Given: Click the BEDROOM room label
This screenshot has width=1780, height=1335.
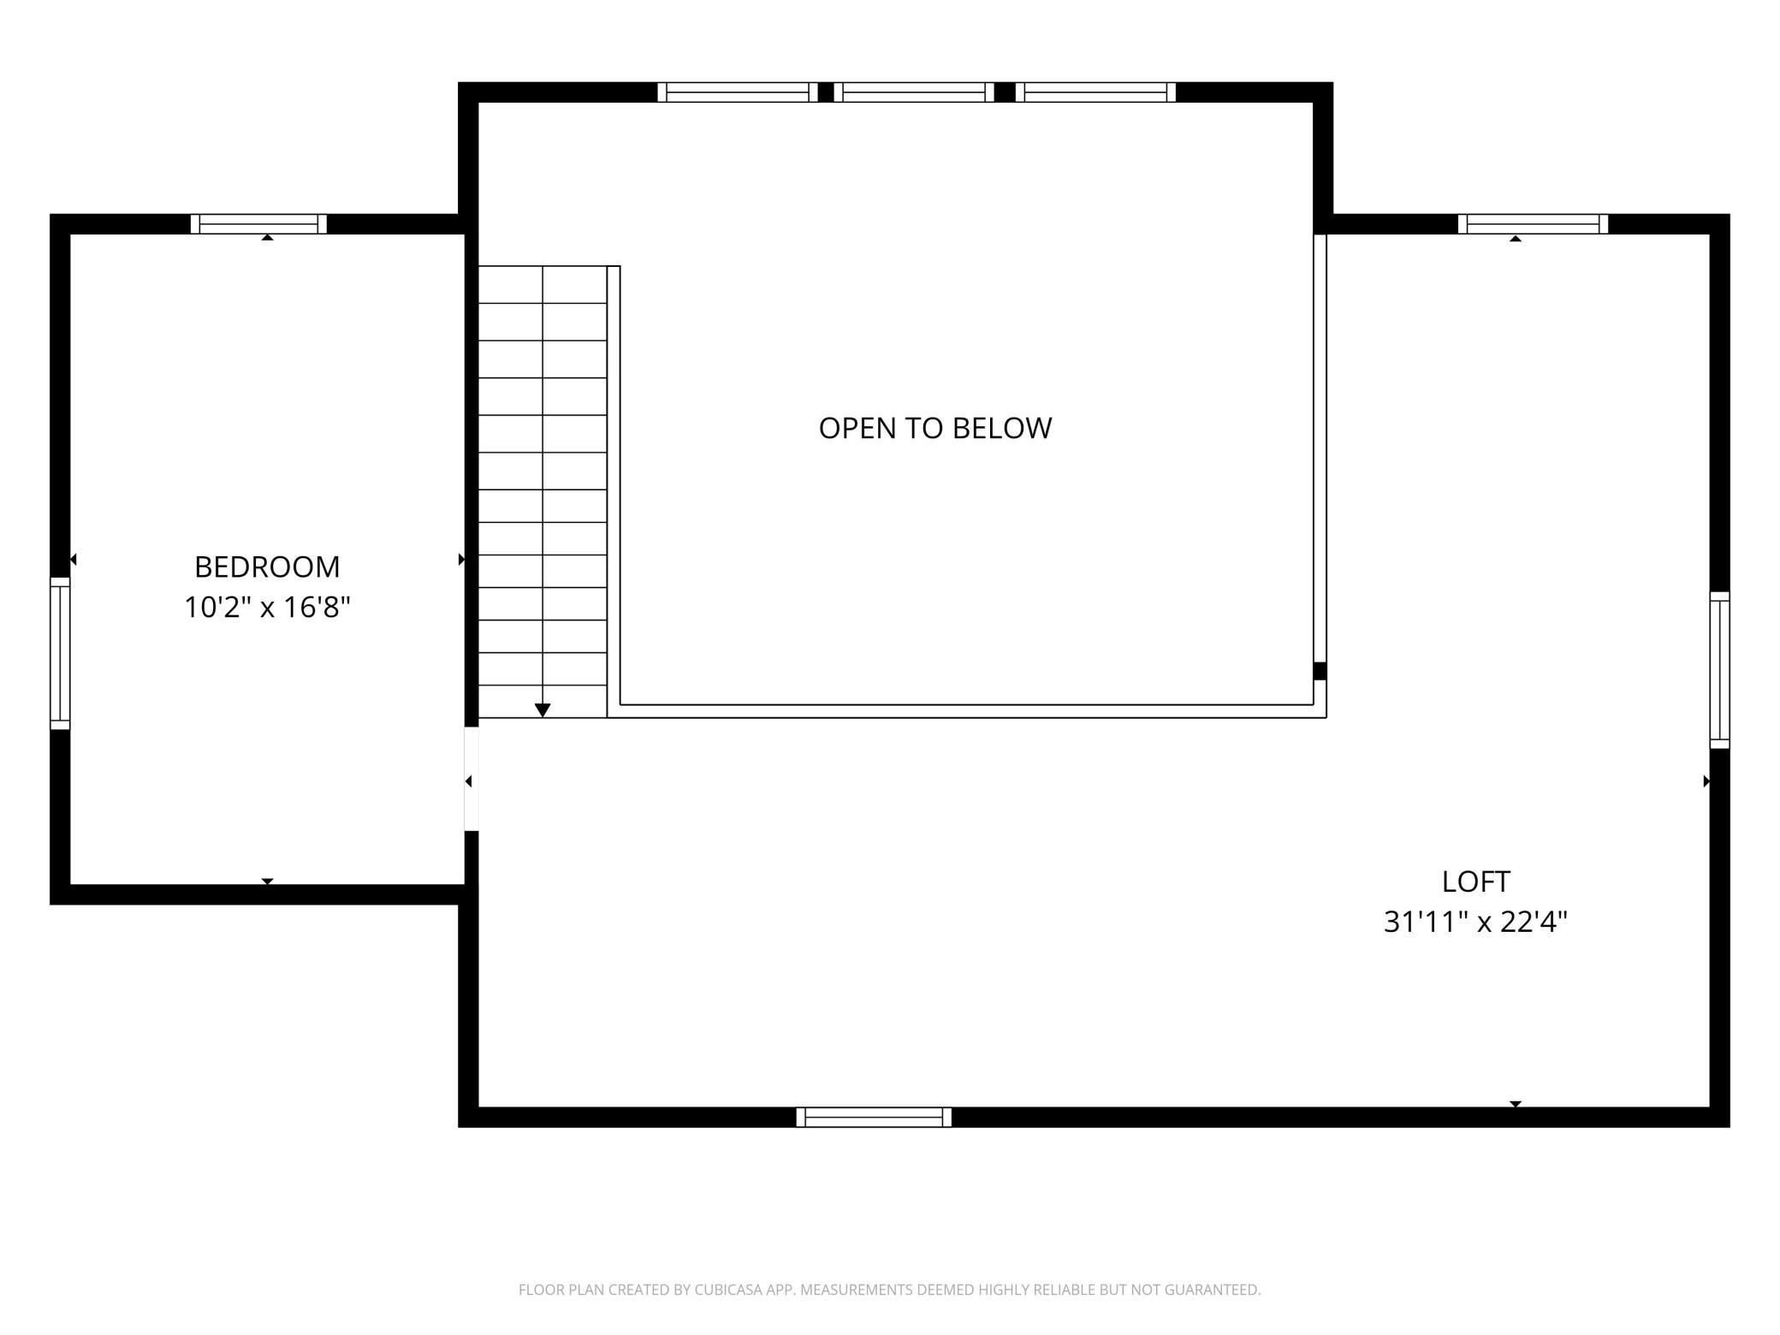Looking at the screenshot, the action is [x=267, y=567].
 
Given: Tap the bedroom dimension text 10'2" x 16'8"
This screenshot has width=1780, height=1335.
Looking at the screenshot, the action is [x=267, y=608].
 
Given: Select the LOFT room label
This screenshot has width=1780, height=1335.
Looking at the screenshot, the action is [x=1476, y=881].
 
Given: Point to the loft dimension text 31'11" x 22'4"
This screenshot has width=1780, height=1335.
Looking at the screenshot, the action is [x=1475, y=922].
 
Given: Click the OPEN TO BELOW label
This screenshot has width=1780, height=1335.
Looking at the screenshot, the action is [x=935, y=428].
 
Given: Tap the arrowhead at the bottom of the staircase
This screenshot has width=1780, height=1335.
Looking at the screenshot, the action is [x=543, y=710].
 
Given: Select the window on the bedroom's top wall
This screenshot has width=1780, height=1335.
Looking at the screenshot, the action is [x=258, y=224].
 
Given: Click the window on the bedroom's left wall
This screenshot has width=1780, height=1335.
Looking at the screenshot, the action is [x=60, y=654].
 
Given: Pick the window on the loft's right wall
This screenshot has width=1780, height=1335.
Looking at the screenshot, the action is [x=1719, y=670].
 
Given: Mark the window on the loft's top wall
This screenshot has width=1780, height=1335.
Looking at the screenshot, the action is [x=1533, y=224].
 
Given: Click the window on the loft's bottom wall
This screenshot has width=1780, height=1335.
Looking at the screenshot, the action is [x=874, y=1117].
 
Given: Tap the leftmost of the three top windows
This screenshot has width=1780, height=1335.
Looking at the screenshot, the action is [x=738, y=92].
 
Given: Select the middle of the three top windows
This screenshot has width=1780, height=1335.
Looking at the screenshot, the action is [x=914, y=92].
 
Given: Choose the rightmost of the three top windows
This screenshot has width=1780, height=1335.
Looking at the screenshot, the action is [x=1095, y=92].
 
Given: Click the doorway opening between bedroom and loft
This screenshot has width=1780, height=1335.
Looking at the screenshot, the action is [x=472, y=779].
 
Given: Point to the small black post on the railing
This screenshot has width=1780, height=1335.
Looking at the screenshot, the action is [x=1320, y=671].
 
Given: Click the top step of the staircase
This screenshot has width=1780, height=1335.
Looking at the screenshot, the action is [x=543, y=284].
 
